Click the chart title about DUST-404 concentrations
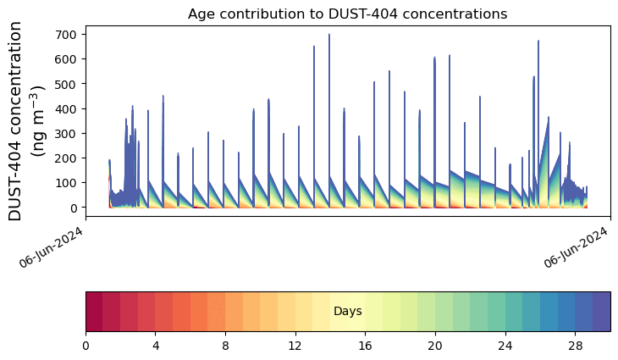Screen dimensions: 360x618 347,14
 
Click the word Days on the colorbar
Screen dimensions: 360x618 347,312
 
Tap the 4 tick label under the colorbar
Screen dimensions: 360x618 156,346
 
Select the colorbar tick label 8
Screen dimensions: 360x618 225,346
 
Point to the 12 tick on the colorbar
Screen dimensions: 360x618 295,346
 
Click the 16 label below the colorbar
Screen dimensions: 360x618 365,346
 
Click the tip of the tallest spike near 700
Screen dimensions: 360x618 329,36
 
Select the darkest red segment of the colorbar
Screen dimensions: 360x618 94,312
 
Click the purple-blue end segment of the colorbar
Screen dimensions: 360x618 601,312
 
